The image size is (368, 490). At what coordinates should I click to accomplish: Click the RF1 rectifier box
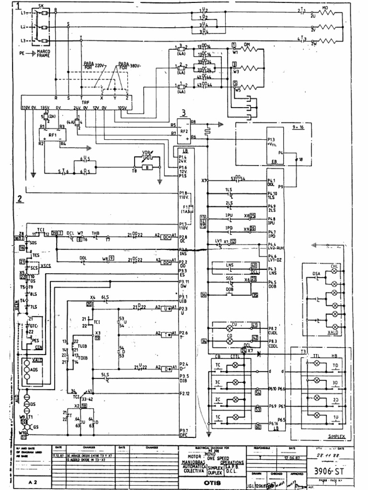pyautogui.click(x=52, y=134)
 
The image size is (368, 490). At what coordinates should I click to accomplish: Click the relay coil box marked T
pyautogui.click(x=167, y=334)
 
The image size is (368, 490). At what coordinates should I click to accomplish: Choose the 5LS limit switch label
pyautogui.click(x=105, y=374)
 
